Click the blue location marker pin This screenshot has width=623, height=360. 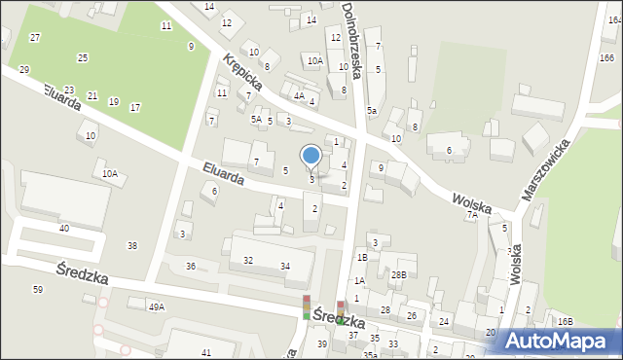(311, 156)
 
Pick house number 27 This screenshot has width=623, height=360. (35, 37)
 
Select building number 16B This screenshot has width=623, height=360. (566, 321)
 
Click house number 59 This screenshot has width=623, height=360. (37, 289)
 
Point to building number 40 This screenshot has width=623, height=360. (64, 228)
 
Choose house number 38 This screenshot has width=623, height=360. (132, 245)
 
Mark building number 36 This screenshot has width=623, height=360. (191, 266)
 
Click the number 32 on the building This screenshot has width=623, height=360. (248, 260)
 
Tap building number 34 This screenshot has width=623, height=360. (284, 266)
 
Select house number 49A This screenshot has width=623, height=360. (156, 306)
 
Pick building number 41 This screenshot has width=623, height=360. (205, 351)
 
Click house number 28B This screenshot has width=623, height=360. (399, 275)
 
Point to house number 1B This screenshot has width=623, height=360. (361, 257)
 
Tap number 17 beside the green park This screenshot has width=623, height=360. (134, 107)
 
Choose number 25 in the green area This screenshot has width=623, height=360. (83, 58)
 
